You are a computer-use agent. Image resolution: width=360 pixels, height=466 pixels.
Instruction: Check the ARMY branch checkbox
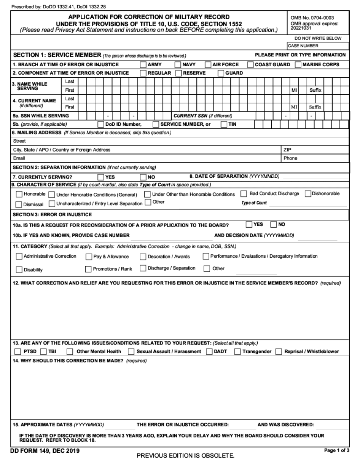143,65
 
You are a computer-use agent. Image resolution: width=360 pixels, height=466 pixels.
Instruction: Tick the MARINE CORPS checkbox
298,65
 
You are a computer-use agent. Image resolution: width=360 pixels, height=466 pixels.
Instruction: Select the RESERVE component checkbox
178,73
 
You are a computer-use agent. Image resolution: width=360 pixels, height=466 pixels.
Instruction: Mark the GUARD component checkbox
221,73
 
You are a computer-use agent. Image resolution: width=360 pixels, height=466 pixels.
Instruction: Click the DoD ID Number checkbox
101,124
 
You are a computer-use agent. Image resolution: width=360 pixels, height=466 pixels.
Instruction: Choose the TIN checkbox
224,124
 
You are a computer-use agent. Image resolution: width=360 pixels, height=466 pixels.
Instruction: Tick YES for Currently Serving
101,177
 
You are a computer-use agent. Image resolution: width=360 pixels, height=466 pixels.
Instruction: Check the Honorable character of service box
19,194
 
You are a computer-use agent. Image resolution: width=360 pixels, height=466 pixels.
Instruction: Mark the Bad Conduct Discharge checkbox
244,194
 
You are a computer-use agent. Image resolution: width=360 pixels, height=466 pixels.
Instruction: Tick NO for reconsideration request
274,225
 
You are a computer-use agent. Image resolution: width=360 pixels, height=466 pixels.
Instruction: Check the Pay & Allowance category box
89,257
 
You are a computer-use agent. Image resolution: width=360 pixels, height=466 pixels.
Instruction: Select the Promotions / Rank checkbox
89,269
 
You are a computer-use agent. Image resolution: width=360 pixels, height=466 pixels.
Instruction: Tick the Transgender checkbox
237,352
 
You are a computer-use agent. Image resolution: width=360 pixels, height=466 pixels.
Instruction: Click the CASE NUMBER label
303,46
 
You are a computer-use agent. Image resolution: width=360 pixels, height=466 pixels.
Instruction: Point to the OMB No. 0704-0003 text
312,18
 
